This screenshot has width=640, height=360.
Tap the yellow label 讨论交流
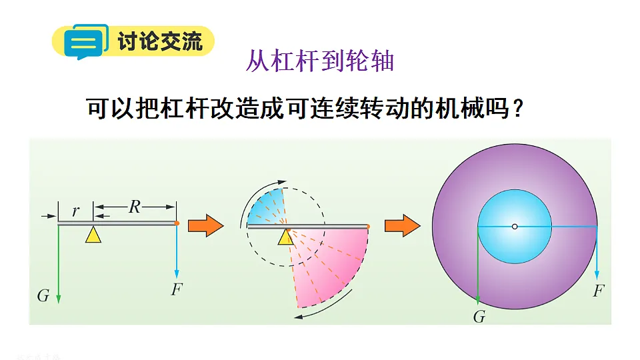click(x=160, y=41)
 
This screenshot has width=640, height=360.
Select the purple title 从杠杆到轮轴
click(x=320, y=61)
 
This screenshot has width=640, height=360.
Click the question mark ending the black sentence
click(x=518, y=109)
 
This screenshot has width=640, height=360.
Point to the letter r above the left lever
click(x=75, y=211)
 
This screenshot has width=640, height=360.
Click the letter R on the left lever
click(x=134, y=207)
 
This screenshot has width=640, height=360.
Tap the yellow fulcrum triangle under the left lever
click(x=93, y=235)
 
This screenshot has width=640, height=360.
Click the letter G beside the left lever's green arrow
click(x=43, y=295)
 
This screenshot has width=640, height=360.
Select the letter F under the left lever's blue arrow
click(x=177, y=289)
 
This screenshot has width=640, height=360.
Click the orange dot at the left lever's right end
click(x=177, y=223)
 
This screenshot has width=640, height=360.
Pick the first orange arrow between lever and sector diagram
click(x=206, y=225)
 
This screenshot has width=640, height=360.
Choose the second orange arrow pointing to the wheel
click(x=403, y=225)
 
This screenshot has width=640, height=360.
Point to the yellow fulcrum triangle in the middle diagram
click(x=286, y=237)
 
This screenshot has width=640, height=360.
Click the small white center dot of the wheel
click(x=515, y=227)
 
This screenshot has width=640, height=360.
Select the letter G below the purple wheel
click(x=479, y=316)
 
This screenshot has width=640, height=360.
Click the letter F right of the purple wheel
click(x=599, y=291)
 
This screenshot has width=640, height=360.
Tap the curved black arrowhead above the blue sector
click(x=282, y=181)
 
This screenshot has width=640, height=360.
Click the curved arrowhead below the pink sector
click(x=299, y=316)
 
